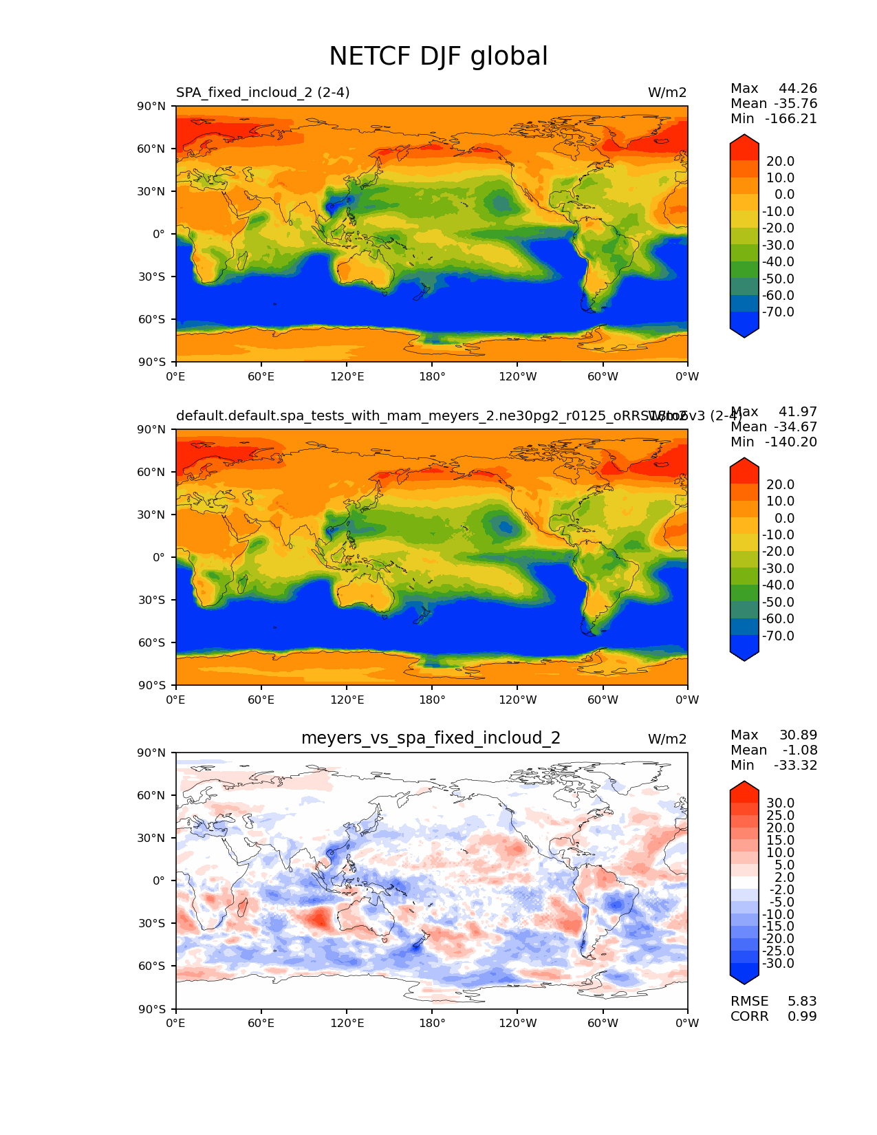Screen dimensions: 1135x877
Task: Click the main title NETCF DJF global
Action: coord(438,56)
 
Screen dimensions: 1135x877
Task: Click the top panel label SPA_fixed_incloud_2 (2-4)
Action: coord(263,92)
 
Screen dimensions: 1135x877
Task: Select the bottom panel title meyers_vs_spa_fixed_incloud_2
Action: coord(431,738)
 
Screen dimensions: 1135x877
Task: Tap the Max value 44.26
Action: coord(798,88)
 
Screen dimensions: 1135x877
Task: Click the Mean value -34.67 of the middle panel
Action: coord(795,426)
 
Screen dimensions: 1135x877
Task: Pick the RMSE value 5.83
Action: coord(802,1001)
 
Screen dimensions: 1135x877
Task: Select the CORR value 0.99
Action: coord(802,1016)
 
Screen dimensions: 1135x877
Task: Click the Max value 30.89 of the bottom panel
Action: coord(798,735)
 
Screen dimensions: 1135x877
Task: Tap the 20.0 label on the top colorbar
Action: coord(780,161)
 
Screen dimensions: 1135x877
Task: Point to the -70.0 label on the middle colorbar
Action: coord(778,636)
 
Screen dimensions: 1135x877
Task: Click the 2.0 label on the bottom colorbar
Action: coord(784,877)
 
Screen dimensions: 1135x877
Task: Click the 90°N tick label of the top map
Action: coord(152,106)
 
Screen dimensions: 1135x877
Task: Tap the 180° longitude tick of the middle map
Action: coord(432,700)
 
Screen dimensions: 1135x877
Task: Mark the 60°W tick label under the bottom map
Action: coord(603,1023)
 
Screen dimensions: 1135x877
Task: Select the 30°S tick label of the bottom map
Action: coord(152,923)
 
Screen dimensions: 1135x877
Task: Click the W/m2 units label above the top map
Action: coord(667,92)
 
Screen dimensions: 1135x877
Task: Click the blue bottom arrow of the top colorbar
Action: coord(744,331)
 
